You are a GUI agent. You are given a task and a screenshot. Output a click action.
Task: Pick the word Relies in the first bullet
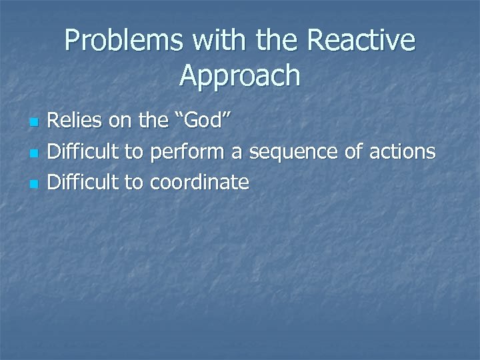tap(74, 122)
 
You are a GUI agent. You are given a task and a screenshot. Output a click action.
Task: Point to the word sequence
tap(289, 152)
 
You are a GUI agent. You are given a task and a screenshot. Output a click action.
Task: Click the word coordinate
tap(199, 182)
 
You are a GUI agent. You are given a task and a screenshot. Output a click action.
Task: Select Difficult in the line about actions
tap(83, 152)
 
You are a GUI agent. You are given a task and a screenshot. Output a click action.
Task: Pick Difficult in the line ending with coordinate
tap(83, 182)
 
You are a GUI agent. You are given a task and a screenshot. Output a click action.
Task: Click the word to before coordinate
tap(134, 182)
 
